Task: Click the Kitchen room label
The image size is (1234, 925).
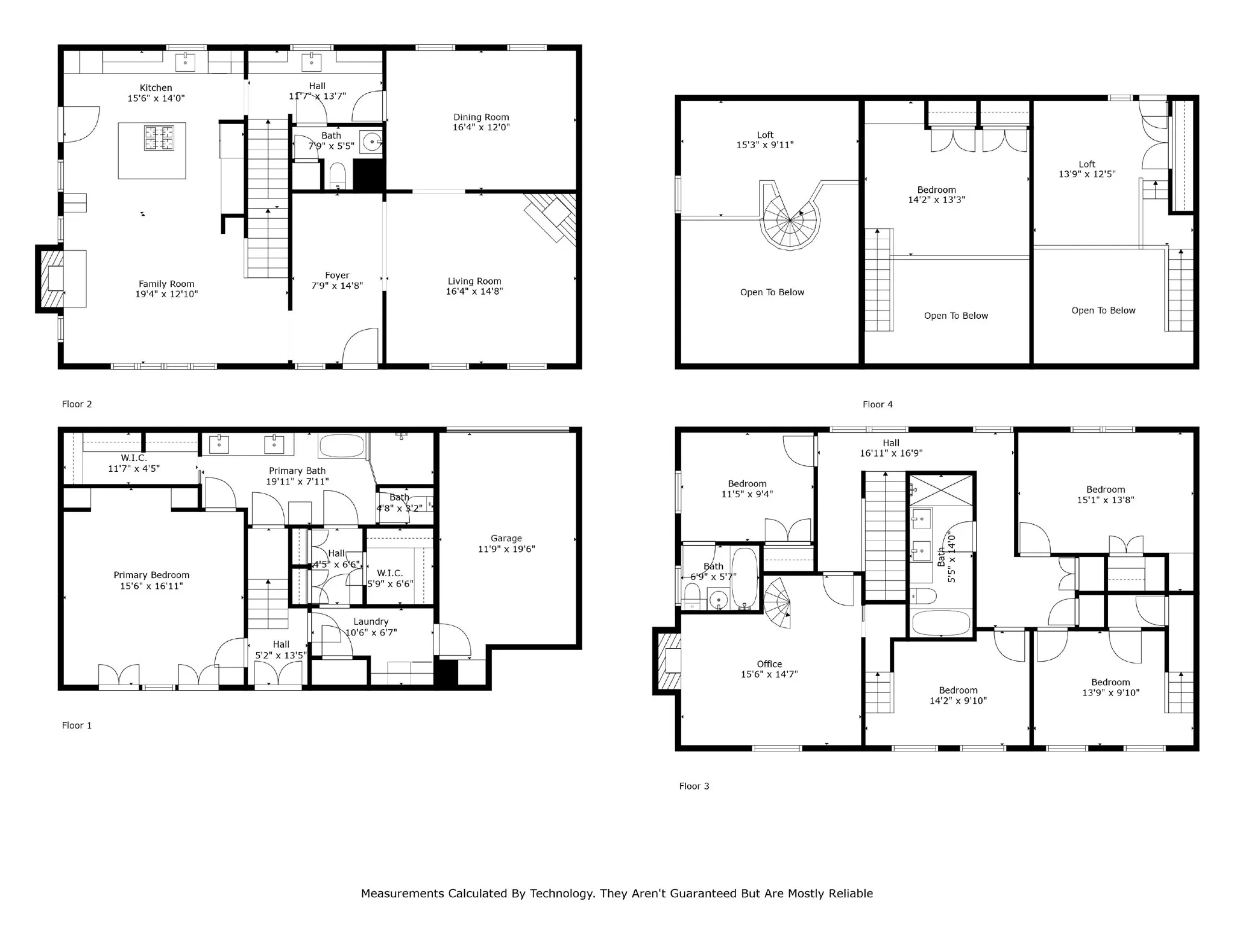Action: (156, 88)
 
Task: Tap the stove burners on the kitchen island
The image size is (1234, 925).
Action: (159, 138)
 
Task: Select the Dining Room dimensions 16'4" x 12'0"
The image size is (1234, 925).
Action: (481, 127)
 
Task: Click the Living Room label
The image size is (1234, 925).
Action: (474, 281)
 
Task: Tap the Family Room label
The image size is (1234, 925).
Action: (166, 284)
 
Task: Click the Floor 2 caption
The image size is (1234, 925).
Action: (77, 404)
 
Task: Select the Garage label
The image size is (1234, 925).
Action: (506, 538)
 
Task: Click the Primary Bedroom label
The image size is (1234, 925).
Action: (151, 575)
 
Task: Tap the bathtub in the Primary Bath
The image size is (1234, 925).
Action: (342, 447)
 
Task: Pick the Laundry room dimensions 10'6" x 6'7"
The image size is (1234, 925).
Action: (371, 632)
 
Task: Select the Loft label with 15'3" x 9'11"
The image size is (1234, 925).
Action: (765, 135)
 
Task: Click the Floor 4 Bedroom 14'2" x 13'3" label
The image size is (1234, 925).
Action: (936, 190)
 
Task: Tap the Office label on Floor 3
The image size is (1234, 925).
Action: (769, 663)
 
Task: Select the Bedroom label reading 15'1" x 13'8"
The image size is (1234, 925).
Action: (1106, 489)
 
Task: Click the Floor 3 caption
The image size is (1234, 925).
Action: (694, 786)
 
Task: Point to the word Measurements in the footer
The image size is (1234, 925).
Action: (402, 893)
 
